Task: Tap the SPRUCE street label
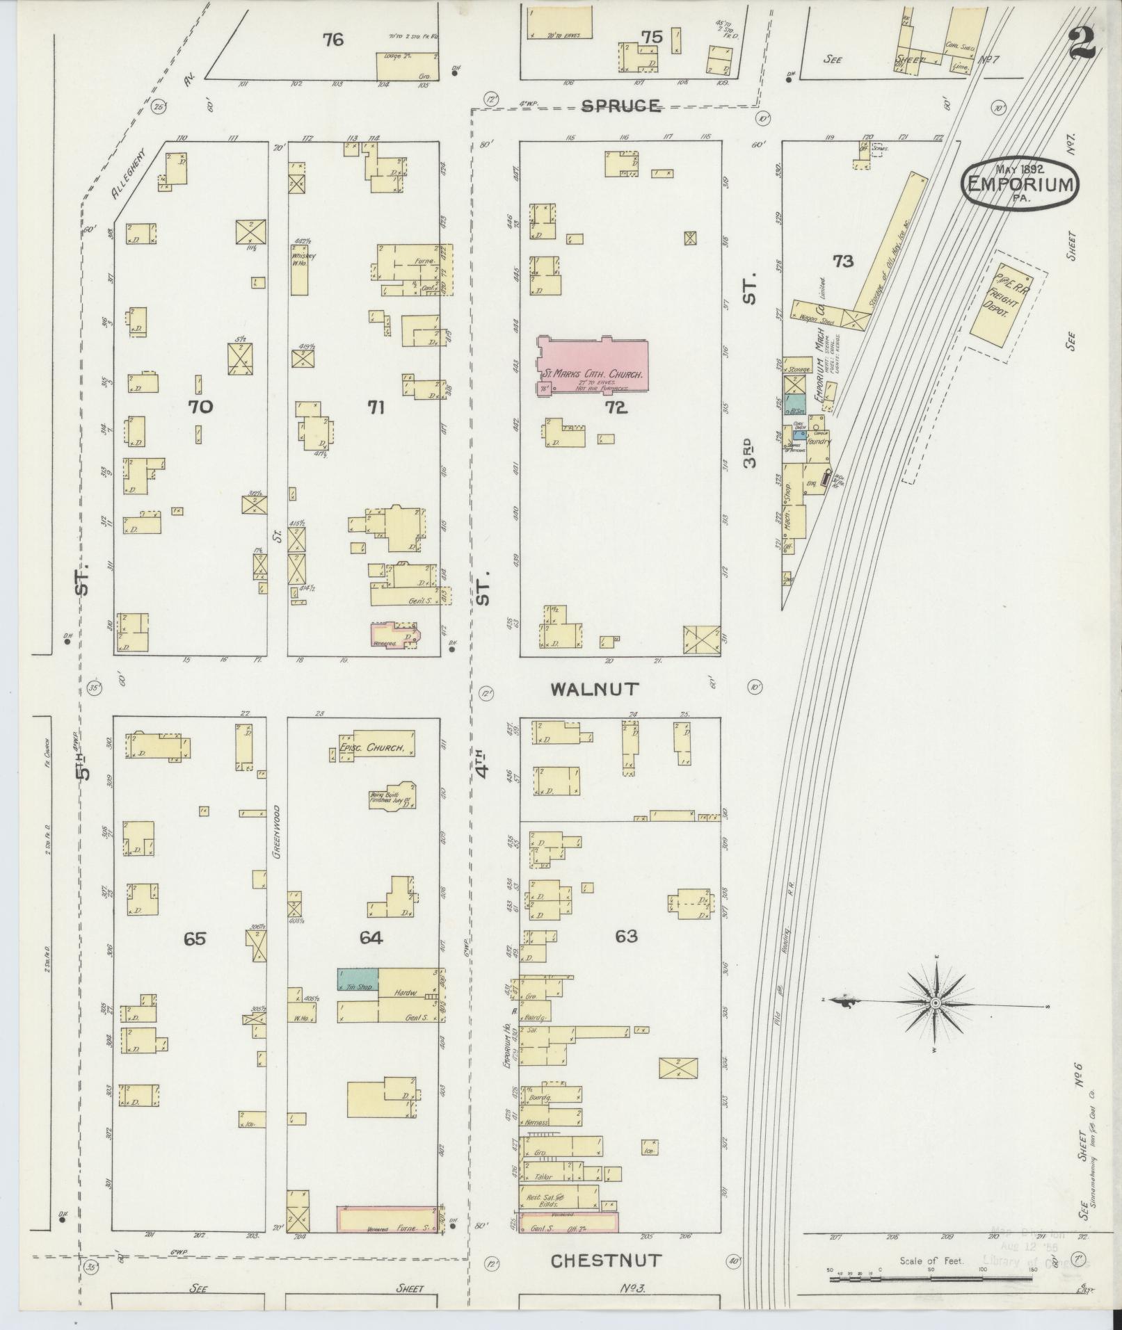pyautogui.click(x=620, y=106)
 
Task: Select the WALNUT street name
pyautogui.click(x=594, y=689)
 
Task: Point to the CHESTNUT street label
pyautogui.click(x=606, y=1260)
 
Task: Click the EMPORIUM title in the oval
pyautogui.click(x=1020, y=185)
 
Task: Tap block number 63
pyautogui.click(x=625, y=936)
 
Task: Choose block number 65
pyautogui.click(x=195, y=939)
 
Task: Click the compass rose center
pyautogui.click(x=936, y=1004)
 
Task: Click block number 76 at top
pyautogui.click(x=332, y=40)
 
